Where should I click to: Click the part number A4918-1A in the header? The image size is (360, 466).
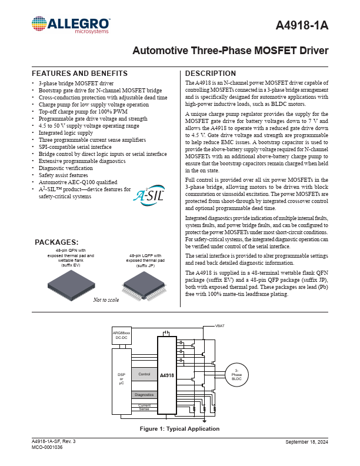pos(302,26)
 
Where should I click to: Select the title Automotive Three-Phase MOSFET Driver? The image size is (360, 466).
pos(231,51)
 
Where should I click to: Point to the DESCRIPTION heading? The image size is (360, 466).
pos(211,74)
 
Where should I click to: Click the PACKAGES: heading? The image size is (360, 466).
pos(56,242)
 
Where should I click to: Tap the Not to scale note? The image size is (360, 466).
pos(106,300)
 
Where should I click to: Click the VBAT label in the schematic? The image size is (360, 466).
pos(220,325)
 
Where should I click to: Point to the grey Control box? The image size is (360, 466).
pos(144,374)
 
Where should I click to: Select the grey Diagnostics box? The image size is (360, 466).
pos(144,395)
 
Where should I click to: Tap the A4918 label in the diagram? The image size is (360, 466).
pos(166,374)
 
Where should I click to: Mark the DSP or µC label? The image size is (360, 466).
pos(121,378)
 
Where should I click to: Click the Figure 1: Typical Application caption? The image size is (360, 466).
pos(179,429)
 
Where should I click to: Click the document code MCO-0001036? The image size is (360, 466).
pos(47,448)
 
